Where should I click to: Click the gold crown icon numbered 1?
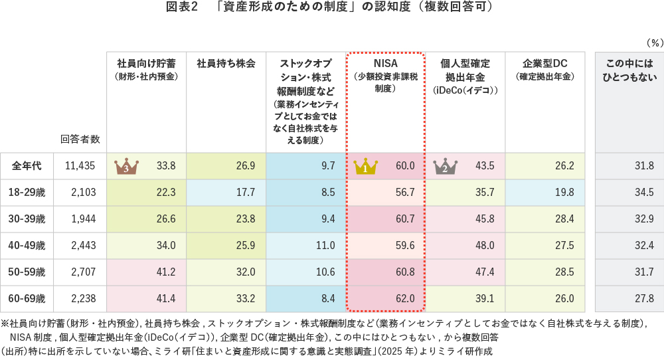(x=365, y=166)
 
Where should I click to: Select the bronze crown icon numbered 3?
(x=125, y=166)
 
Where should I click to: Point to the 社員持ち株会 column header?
(x=226, y=64)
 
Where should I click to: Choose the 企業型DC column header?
(x=544, y=64)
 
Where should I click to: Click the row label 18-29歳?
(x=27, y=193)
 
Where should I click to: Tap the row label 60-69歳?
(x=27, y=299)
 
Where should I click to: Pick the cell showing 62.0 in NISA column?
(x=404, y=299)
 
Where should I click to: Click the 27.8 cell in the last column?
(x=643, y=299)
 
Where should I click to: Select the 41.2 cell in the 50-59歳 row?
(x=165, y=272)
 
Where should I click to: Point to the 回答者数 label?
(x=80, y=139)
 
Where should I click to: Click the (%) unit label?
(x=654, y=43)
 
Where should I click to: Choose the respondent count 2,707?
(x=85, y=272)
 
